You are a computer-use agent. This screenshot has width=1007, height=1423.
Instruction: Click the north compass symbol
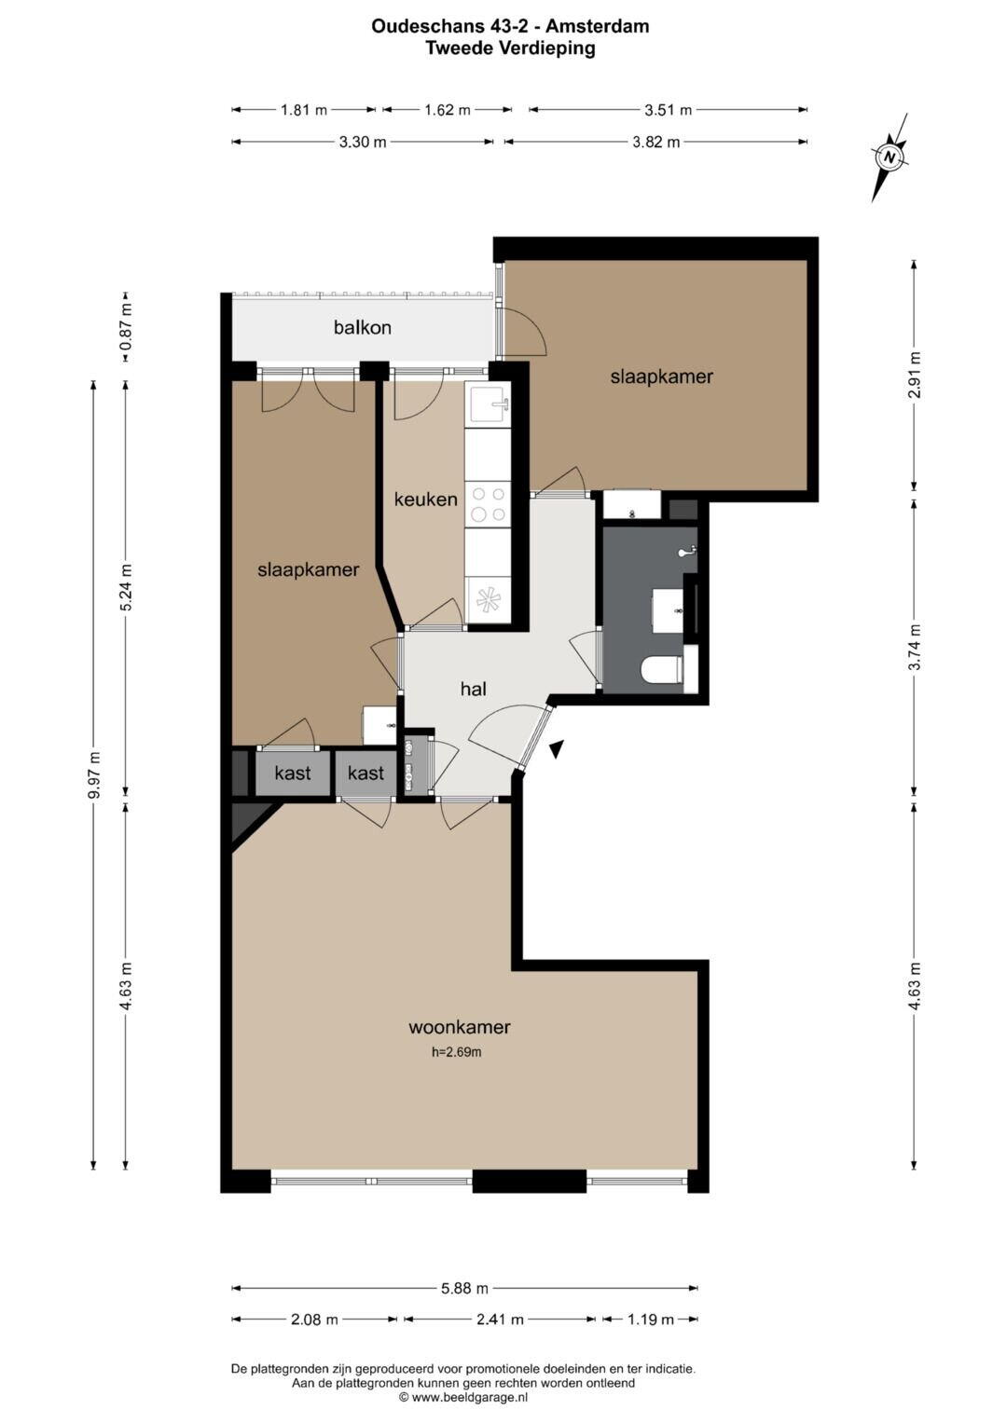(890, 157)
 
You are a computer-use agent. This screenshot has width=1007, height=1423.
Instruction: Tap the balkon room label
(363, 328)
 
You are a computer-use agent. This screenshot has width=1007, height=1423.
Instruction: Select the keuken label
(425, 499)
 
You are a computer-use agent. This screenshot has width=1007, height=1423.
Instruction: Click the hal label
(474, 689)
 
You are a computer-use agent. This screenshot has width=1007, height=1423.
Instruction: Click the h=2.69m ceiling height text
(457, 1052)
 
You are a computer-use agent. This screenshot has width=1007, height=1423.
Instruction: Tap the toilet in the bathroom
(662, 669)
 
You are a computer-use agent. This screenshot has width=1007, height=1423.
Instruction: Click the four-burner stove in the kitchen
(487, 504)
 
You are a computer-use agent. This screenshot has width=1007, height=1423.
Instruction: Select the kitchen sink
(489, 404)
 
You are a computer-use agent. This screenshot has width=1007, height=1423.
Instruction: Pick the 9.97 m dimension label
(94, 777)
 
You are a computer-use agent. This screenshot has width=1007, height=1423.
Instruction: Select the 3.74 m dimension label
(914, 648)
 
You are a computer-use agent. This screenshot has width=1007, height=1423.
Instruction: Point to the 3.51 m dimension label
(668, 110)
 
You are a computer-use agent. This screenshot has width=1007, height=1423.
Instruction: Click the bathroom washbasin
(669, 609)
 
